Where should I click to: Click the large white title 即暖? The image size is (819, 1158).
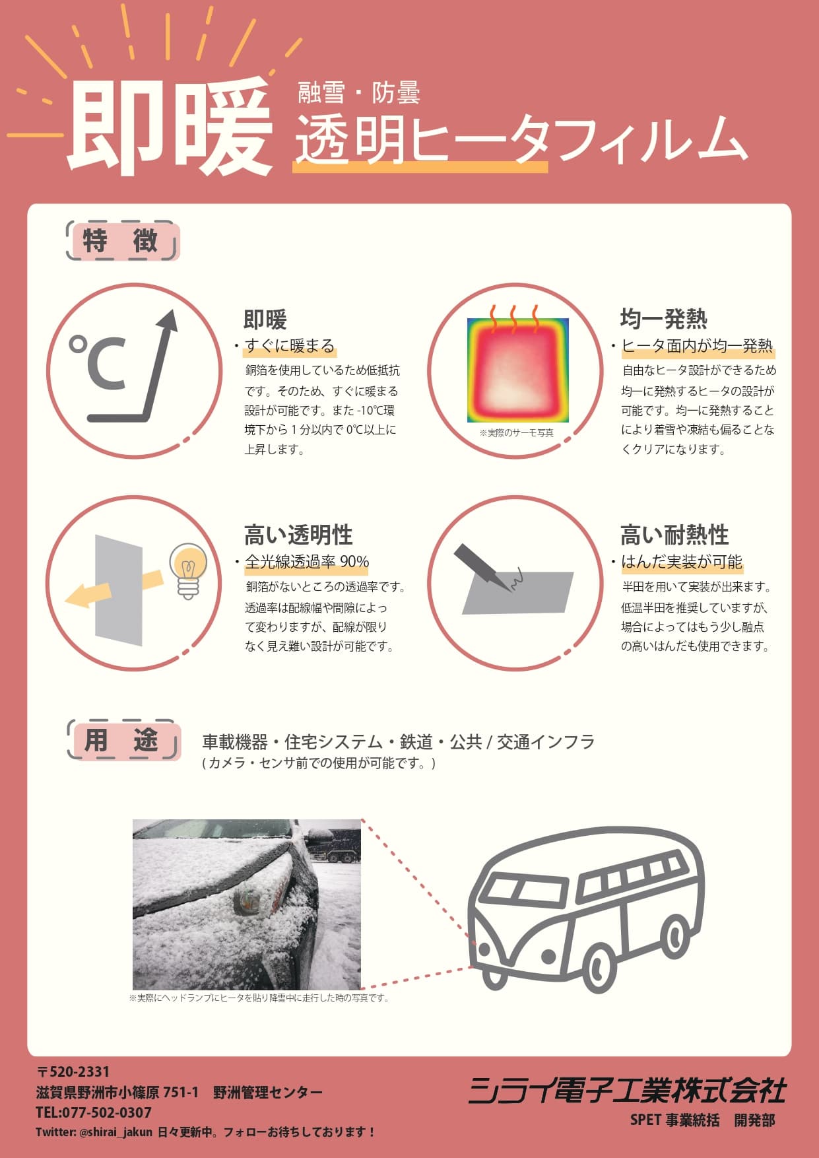(170, 127)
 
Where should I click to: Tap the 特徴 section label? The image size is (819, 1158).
(123, 241)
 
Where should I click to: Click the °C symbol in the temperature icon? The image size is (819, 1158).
(97, 362)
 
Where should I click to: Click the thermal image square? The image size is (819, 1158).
(518, 370)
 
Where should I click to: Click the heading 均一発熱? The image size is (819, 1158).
(663, 319)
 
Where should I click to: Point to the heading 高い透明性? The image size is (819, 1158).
(298, 535)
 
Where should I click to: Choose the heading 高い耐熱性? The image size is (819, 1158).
(674, 535)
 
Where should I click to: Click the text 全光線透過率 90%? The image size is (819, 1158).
(307, 562)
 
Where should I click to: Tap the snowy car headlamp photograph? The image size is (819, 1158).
(247, 904)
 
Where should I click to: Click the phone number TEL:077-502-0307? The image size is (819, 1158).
(94, 1112)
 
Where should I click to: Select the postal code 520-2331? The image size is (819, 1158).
(73, 1072)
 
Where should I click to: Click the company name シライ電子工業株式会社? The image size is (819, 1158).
(627, 1091)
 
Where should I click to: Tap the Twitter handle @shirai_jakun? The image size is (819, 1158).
(115, 1132)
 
